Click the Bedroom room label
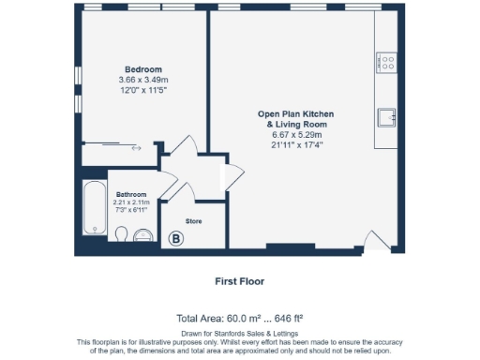(x=144, y=69)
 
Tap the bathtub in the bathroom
(x=94, y=207)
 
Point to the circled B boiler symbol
(x=174, y=239)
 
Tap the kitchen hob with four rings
(x=385, y=62)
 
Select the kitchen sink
(x=386, y=116)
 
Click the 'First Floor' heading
(x=240, y=280)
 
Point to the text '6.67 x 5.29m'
(x=295, y=134)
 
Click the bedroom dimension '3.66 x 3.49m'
(x=144, y=80)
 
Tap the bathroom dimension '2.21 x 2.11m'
(x=131, y=202)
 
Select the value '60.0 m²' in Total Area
(x=251, y=318)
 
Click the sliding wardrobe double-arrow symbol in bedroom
(x=135, y=148)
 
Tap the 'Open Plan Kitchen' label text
(x=295, y=113)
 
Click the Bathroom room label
(x=131, y=194)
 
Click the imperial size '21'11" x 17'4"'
(x=295, y=144)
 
